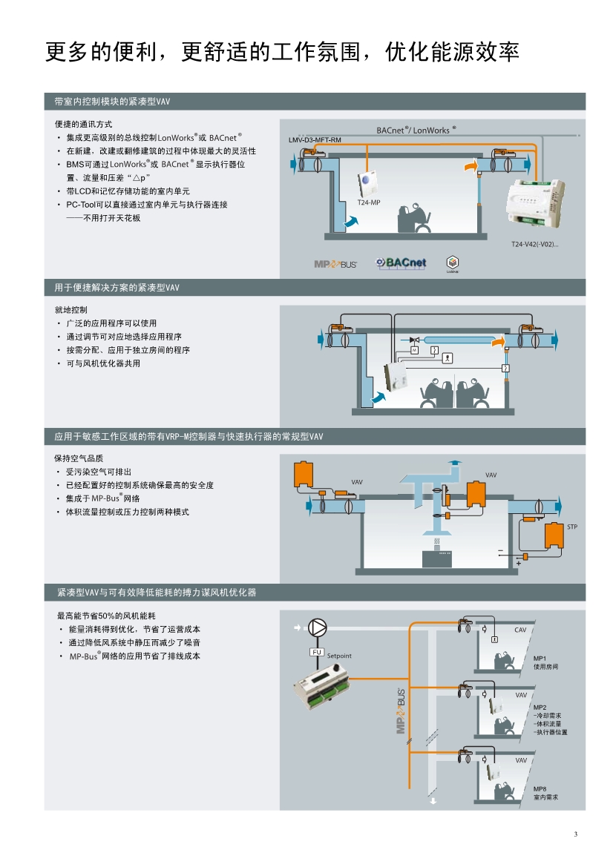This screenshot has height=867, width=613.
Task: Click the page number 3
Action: coord(575,834)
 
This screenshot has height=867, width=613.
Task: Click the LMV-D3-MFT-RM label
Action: coord(315,140)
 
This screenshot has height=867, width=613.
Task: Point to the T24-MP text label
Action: coord(368,202)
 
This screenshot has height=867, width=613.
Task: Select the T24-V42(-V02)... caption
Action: coord(534,244)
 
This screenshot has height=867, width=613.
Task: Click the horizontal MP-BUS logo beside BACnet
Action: coord(335,264)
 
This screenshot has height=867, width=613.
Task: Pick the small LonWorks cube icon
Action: coord(452,263)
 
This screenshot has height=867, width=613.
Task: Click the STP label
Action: coord(571,527)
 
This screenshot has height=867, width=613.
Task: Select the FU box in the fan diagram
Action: coord(317,652)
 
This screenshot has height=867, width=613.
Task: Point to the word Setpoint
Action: coord(339,656)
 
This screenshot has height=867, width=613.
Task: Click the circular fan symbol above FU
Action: coord(318,627)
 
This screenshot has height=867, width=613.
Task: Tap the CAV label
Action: coord(520,630)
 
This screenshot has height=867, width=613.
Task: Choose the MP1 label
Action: coord(540,658)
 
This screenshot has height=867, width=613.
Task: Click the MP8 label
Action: coord(540,788)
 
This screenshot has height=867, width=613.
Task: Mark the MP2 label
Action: coord(540,707)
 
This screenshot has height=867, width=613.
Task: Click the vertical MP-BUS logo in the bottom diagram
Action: coord(401,713)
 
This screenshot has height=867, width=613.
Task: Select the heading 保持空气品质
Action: coord(79,458)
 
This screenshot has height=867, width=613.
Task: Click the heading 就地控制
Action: coord(71,309)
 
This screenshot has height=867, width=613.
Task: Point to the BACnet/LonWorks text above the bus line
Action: coord(416,130)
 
